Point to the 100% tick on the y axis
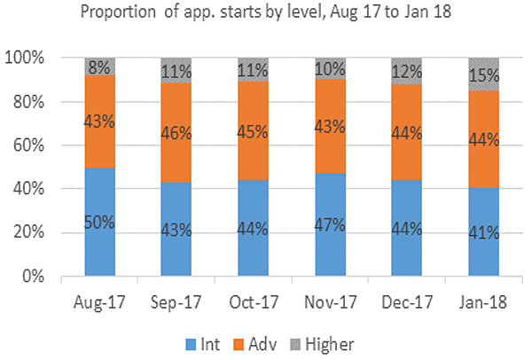[40, 59]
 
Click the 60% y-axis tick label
[43, 145]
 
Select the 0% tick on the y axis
[49, 277]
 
